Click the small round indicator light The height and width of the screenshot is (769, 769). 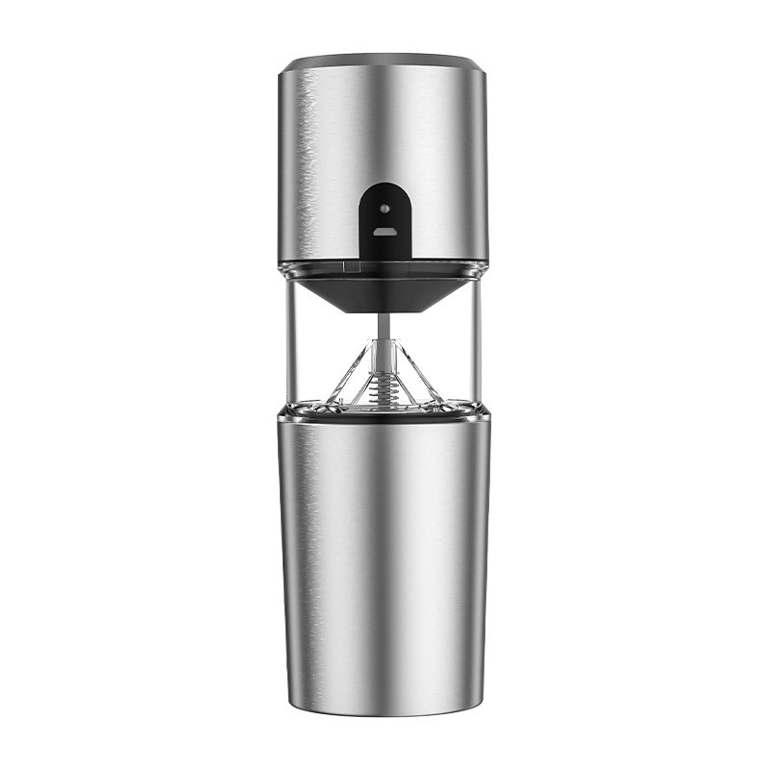[x=384, y=208]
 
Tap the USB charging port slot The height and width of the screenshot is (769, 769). [x=384, y=233]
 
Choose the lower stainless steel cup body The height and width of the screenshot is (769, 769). [x=384, y=558]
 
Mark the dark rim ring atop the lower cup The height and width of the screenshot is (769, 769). [x=384, y=412]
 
